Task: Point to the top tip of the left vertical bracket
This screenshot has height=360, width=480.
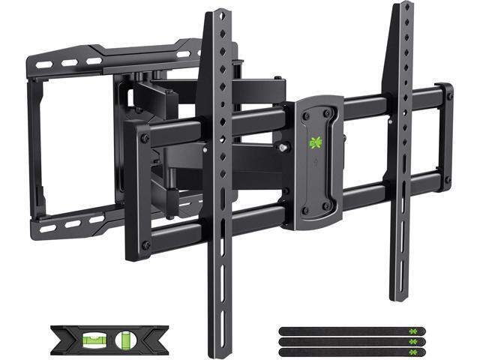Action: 217,13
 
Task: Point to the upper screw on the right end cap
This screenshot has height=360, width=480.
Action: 445,95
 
